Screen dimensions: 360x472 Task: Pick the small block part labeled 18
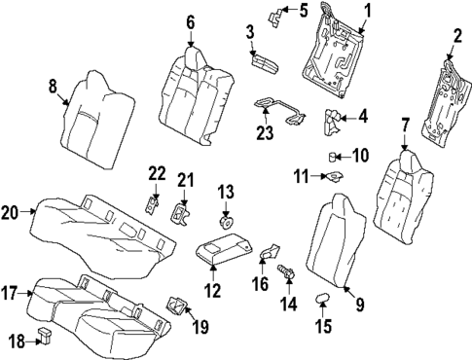[44, 335]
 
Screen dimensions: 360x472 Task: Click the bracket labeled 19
[178, 306]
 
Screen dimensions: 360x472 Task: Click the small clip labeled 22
[152, 203]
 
